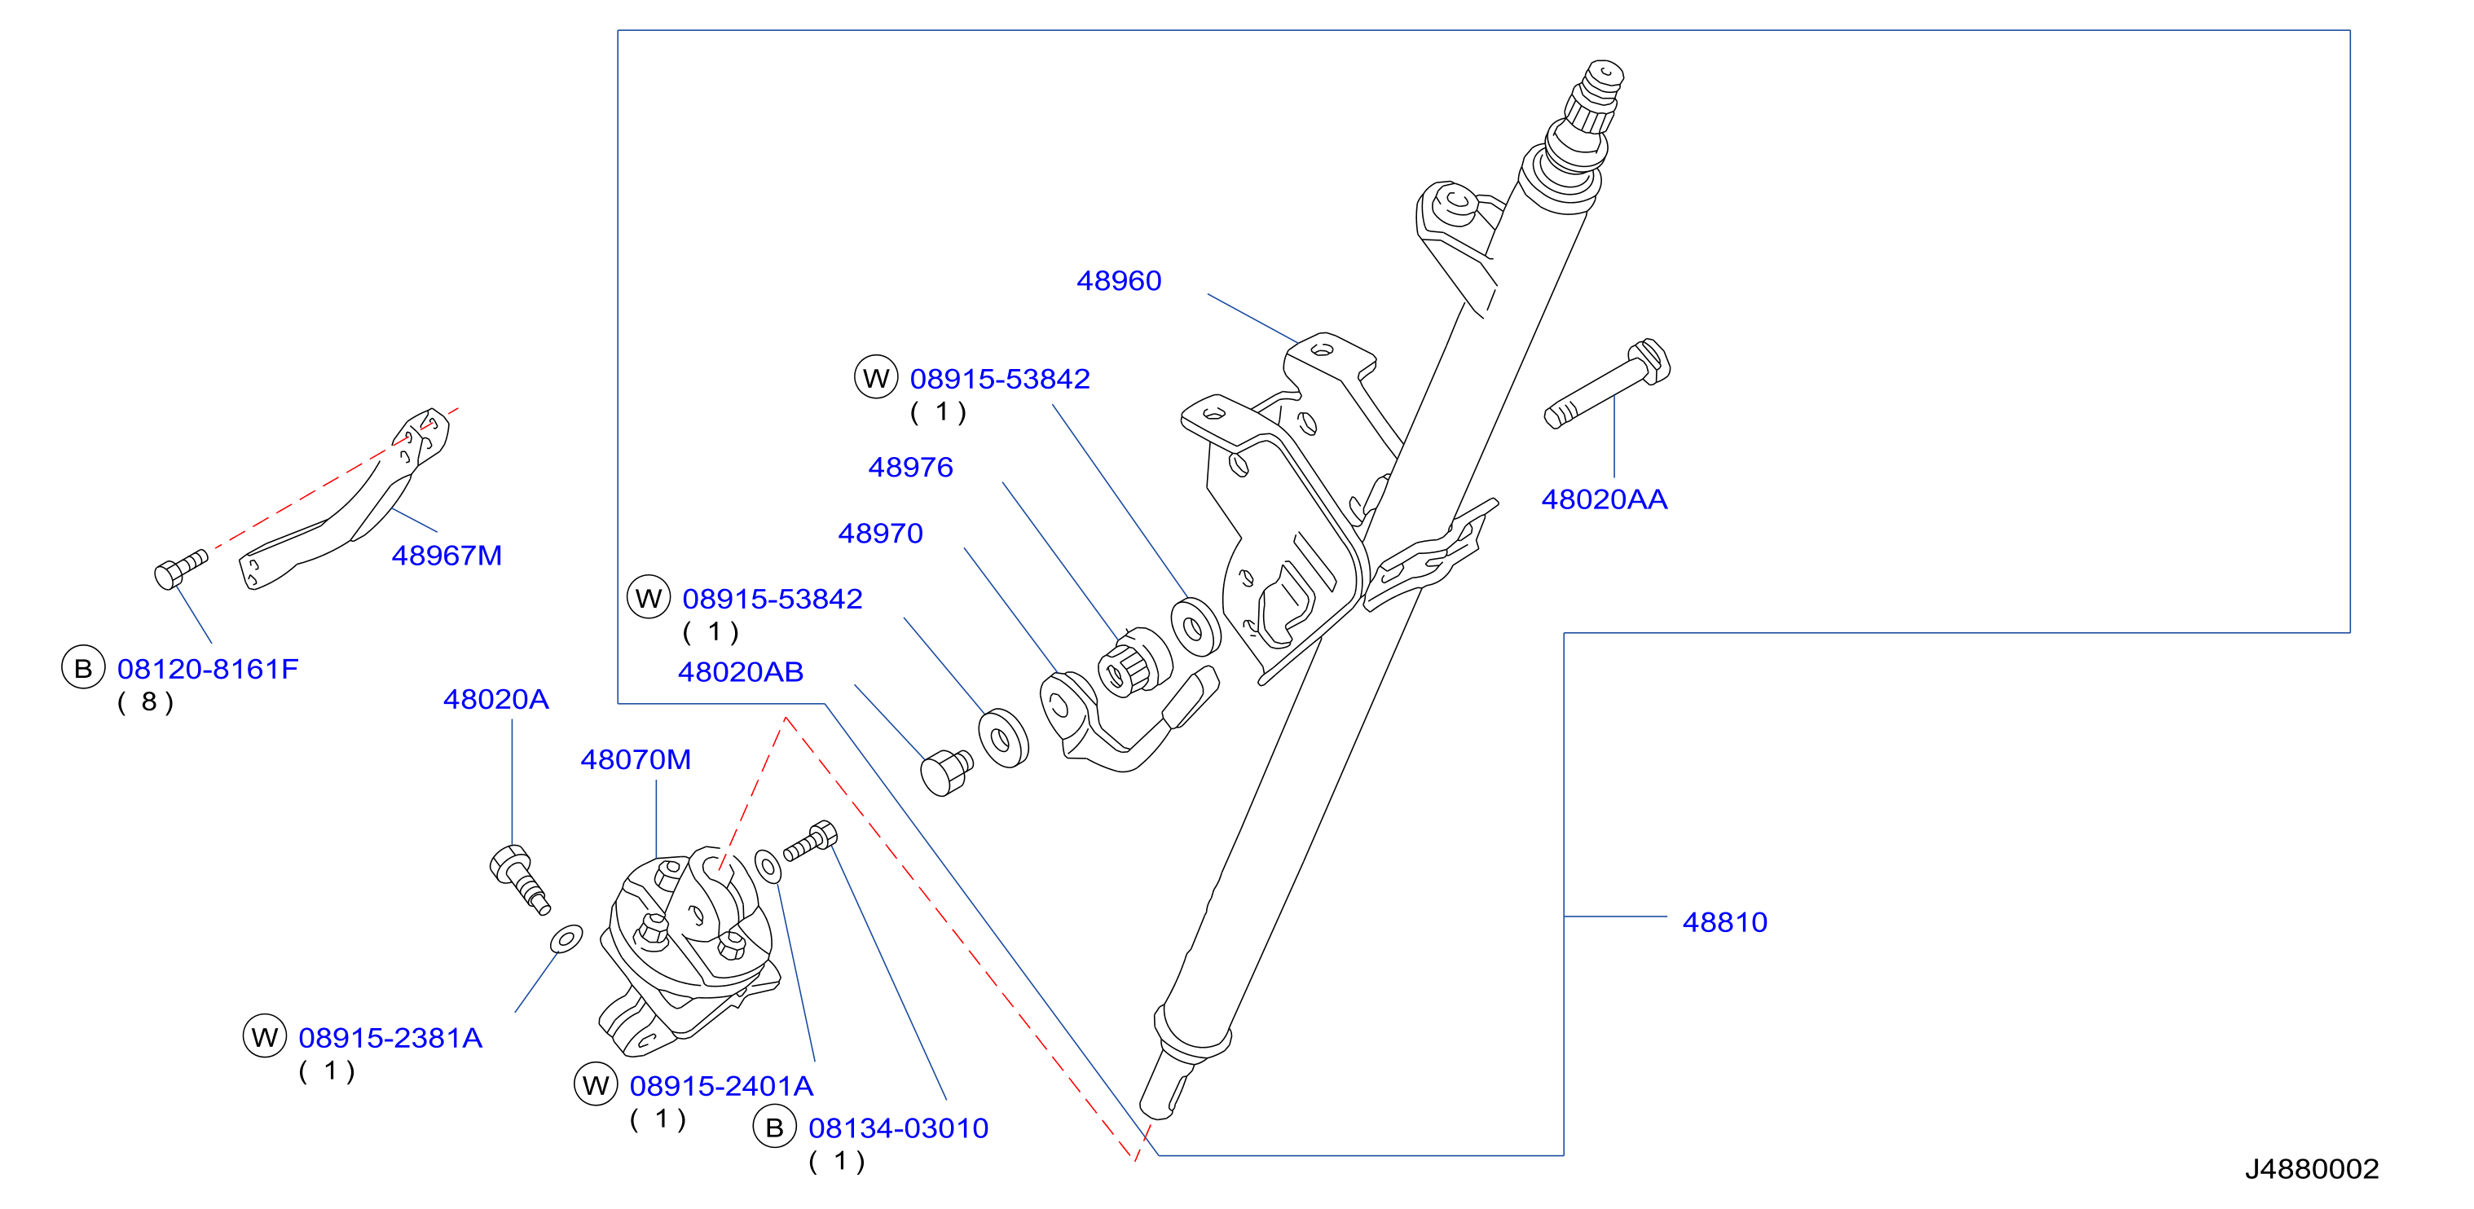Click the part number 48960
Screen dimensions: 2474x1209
1119,280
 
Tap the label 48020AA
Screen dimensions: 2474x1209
1604,499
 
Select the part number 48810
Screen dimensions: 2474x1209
1725,922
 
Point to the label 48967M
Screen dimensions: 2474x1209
447,555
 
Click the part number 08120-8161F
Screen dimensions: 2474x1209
208,668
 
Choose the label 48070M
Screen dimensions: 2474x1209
636,759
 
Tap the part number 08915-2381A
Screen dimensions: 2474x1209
390,1037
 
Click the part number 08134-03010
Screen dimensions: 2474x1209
898,1128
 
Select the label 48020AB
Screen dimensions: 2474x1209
741,671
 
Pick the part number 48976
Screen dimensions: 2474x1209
910,467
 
